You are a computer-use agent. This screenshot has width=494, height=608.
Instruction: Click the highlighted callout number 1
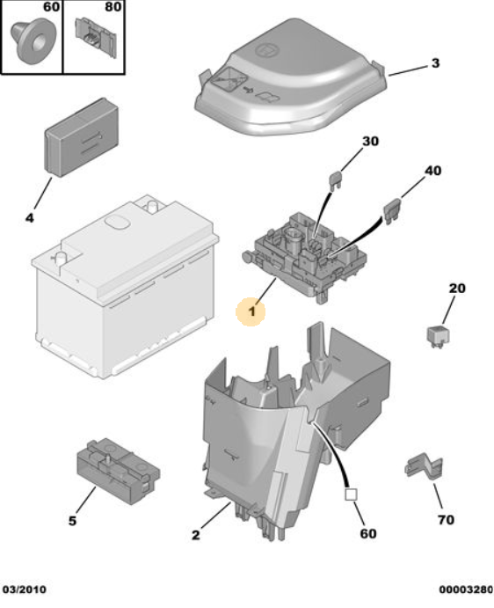[x=252, y=311]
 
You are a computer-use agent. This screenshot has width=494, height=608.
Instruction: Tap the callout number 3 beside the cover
[x=435, y=63]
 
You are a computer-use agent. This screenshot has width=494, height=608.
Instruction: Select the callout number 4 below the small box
[x=30, y=218]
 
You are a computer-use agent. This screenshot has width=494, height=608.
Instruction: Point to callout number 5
[x=72, y=521]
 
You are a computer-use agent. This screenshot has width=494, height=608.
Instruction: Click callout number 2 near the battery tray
[x=196, y=535]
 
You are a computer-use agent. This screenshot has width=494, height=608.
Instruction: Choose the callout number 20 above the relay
[x=457, y=288]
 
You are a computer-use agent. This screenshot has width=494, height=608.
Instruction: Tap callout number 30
[x=370, y=141]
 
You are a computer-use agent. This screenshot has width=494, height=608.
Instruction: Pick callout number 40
[x=432, y=171]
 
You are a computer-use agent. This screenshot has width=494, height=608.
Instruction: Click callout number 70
[x=446, y=520]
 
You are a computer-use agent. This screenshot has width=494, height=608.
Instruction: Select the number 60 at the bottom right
[x=368, y=533]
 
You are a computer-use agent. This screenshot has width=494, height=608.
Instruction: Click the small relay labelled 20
[x=436, y=336]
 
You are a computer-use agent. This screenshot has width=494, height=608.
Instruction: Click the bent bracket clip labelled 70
[x=423, y=467]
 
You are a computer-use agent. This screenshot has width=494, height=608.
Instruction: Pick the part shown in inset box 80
[x=95, y=37]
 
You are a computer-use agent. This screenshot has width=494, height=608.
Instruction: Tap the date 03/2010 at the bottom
[x=24, y=590]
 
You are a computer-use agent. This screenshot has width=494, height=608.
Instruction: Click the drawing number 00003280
[x=466, y=590]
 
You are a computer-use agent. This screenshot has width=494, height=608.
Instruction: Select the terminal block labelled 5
[x=119, y=471]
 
